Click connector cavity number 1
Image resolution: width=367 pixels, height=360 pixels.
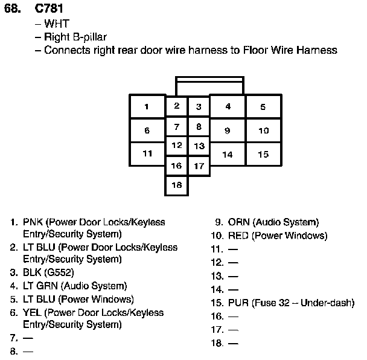147,107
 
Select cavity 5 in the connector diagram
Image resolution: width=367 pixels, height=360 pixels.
263,107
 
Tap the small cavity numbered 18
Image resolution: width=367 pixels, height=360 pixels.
176,185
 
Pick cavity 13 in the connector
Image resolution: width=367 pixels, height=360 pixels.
199,146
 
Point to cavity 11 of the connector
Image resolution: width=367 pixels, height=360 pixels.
147,153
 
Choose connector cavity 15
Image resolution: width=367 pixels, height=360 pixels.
263,154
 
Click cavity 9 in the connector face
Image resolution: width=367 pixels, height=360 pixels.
228,130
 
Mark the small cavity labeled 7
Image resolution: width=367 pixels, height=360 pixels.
176,127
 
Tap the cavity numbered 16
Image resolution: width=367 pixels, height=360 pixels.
176,166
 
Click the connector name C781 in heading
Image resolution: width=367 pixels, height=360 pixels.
48,9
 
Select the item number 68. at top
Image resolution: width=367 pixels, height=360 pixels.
14,9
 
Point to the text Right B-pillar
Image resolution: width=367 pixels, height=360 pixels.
75,37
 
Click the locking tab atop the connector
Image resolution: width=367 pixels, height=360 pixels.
209,86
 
